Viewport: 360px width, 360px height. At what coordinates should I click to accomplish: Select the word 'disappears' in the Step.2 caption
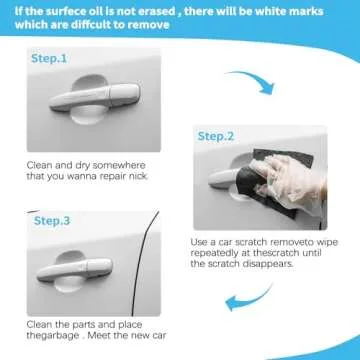(x=296, y=265)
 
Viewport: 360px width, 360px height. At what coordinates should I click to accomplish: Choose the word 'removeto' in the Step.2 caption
(x=284, y=241)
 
